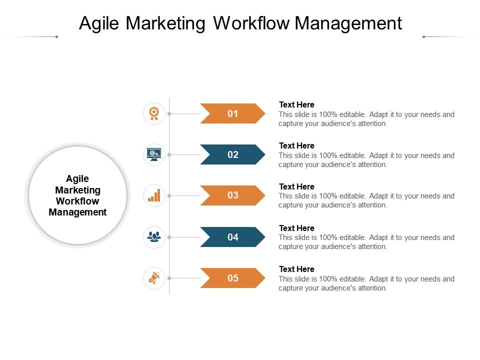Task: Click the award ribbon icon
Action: pyautogui.click(x=154, y=113)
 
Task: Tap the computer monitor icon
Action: pyautogui.click(x=154, y=154)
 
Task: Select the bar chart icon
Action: pyautogui.click(x=154, y=195)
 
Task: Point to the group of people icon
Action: pyautogui.click(x=154, y=237)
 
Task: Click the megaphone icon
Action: pyautogui.click(x=154, y=278)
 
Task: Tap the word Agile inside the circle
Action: pyautogui.click(x=77, y=179)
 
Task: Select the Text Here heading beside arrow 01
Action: pyautogui.click(x=296, y=104)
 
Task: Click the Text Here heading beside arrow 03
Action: pyautogui.click(x=296, y=186)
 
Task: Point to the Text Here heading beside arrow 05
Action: pyautogui.click(x=296, y=269)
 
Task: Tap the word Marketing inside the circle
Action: pyautogui.click(x=77, y=190)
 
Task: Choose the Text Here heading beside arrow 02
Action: pyautogui.click(x=296, y=145)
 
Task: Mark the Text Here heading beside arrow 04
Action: pyautogui.click(x=296, y=228)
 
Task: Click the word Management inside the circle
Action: pyautogui.click(x=77, y=212)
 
